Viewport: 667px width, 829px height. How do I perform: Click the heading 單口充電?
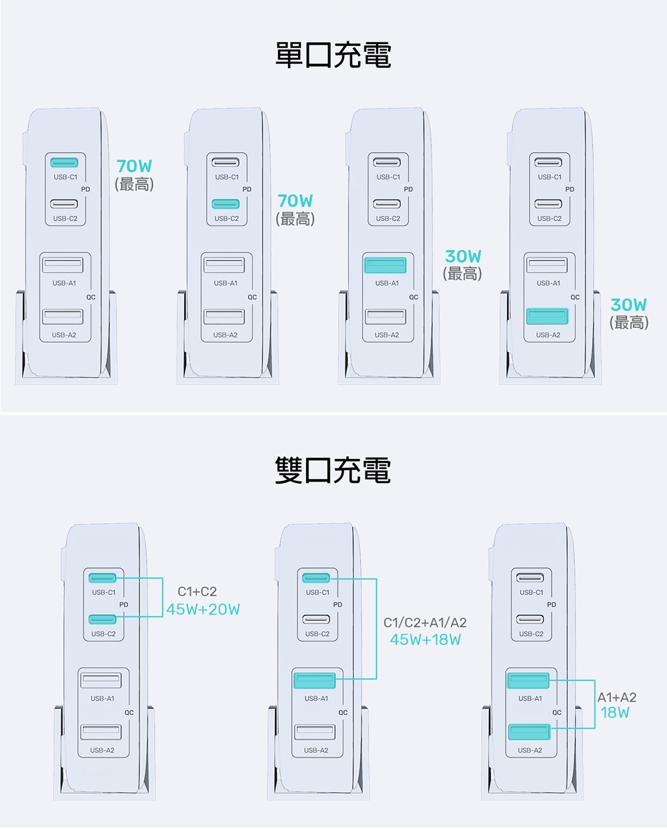333,55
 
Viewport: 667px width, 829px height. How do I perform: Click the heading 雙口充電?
333,470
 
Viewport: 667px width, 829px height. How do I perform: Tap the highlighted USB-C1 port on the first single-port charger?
64,163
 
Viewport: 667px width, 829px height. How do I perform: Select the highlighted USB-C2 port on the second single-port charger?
225,204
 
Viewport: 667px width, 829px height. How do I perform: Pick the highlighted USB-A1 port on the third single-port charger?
386,265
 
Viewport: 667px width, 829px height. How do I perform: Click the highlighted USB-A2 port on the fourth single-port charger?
547,316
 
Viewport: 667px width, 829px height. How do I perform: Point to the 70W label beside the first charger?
135,166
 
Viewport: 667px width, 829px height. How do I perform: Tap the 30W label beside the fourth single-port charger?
628,305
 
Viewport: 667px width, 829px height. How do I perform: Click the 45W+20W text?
203,610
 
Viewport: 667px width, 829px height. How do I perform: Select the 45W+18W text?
425,640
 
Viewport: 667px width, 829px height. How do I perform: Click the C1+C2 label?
197,592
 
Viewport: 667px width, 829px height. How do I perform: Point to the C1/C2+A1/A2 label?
425,622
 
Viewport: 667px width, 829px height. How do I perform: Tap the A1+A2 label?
617,697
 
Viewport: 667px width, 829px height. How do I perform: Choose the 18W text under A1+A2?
615,713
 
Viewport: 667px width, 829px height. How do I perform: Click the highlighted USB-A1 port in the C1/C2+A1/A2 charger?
314,680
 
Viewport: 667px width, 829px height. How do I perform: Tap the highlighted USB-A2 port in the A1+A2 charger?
529,732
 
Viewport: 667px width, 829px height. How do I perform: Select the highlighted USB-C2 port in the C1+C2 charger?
102,619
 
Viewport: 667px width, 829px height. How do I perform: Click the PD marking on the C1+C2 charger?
123,604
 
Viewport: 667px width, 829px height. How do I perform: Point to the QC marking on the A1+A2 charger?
557,713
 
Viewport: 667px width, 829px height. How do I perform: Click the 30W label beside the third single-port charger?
463,256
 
